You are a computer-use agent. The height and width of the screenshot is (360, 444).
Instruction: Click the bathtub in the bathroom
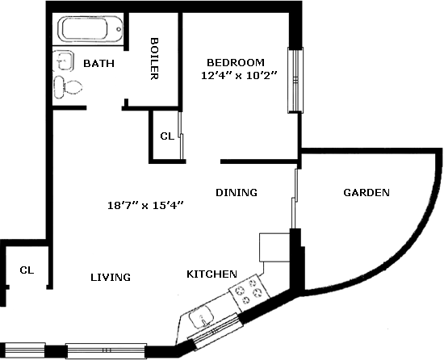click(90, 29)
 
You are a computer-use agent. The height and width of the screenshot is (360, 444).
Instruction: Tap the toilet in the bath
click(68, 87)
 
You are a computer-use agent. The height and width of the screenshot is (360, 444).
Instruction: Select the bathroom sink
click(64, 61)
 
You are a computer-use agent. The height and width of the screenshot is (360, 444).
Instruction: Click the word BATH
click(98, 64)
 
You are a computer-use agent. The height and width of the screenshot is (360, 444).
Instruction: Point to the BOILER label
click(153, 59)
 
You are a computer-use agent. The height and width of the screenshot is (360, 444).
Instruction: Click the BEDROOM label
click(236, 62)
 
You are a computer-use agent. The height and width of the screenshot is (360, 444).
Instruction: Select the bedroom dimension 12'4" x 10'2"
click(238, 76)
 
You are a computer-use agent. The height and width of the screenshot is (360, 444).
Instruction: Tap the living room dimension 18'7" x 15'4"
click(145, 205)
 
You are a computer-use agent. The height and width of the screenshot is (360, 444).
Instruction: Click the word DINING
click(237, 192)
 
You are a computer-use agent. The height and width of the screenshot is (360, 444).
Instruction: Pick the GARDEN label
click(367, 192)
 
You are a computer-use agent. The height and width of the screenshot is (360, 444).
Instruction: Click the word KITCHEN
click(212, 274)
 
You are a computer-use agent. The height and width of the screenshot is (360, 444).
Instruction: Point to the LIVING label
click(111, 277)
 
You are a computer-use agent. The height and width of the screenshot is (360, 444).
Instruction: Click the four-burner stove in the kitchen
click(249, 292)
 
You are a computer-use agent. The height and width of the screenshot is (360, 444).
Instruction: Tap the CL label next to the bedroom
click(167, 136)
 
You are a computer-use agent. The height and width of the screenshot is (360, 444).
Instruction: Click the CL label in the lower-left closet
click(27, 270)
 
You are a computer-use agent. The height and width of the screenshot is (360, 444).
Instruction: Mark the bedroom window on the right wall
click(295, 80)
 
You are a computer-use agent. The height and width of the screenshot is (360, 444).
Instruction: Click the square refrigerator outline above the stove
click(274, 247)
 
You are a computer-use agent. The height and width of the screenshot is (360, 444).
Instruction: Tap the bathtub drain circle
click(119, 29)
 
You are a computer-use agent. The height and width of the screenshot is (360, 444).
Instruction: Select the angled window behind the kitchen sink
click(216, 331)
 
